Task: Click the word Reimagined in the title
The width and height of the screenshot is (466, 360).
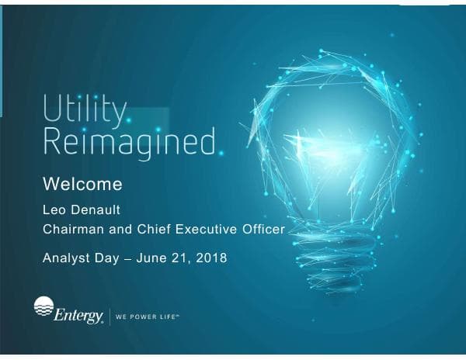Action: click(x=128, y=144)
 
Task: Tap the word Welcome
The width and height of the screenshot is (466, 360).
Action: click(x=82, y=185)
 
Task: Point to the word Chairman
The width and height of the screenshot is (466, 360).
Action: click(x=75, y=229)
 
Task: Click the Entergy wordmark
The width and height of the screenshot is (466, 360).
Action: click(x=78, y=315)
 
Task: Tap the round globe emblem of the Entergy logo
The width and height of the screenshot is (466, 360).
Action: click(x=44, y=306)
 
